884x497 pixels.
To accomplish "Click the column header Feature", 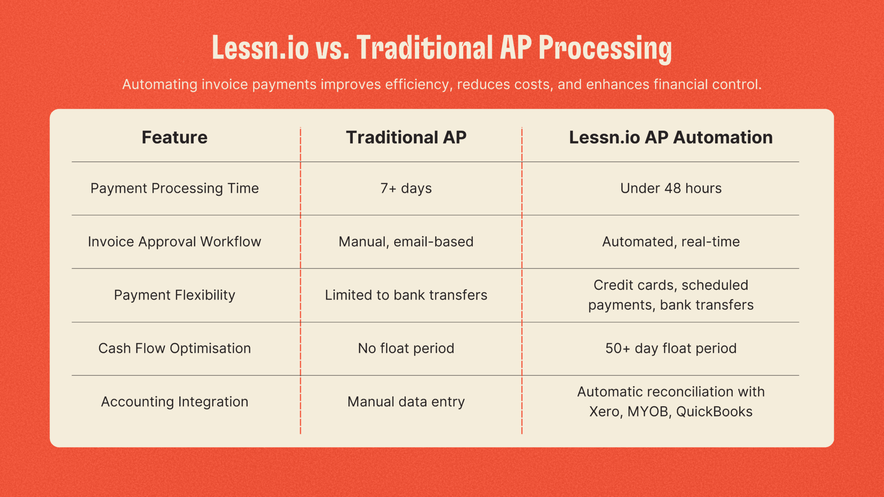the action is click(x=174, y=137).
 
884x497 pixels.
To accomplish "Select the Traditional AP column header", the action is click(x=406, y=137).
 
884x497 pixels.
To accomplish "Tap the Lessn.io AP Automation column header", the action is click(x=671, y=137).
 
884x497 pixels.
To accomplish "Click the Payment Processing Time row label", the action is click(x=174, y=189).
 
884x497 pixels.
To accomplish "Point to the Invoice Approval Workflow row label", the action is click(x=174, y=242).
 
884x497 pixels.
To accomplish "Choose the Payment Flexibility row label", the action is click(x=174, y=295).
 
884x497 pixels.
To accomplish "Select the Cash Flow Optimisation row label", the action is click(x=174, y=348).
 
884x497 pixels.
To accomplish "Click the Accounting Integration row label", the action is click(x=174, y=402).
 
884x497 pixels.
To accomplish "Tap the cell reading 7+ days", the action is click(x=406, y=189).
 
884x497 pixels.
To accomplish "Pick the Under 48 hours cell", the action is click(x=671, y=188).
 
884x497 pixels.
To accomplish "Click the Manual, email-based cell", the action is click(x=406, y=242).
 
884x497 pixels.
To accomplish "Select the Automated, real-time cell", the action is click(x=671, y=242).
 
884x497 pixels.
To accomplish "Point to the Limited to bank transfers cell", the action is click(x=406, y=295).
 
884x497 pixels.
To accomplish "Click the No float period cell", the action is click(x=406, y=348).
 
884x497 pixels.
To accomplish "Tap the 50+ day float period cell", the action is click(x=671, y=348).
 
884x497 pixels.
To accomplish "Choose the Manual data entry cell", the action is click(x=406, y=402).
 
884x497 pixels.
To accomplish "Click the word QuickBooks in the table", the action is click(x=714, y=412).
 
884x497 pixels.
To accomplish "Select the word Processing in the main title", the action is click(x=605, y=48).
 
